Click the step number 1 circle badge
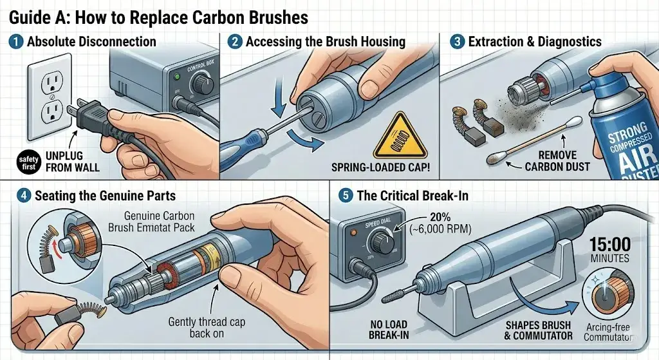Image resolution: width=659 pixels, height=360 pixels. pyautogui.click(x=15, y=43)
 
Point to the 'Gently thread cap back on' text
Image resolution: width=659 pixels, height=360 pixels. pyautogui.click(x=211, y=328)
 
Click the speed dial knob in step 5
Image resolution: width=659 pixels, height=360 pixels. pyautogui.click(x=379, y=243)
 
